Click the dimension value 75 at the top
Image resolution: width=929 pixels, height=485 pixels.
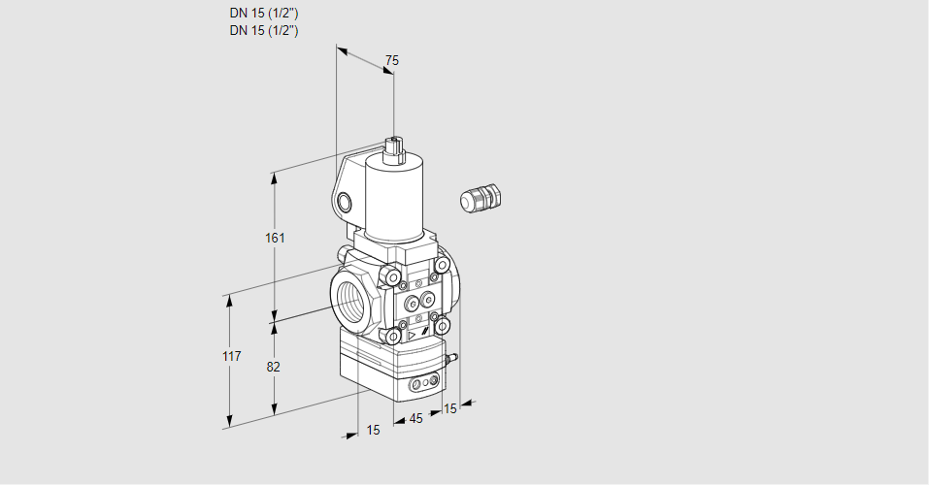click(x=391, y=61)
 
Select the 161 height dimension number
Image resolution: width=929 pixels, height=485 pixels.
click(x=275, y=239)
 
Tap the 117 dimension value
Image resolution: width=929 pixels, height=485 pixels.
click(x=230, y=357)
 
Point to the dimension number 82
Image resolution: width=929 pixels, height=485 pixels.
click(x=273, y=367)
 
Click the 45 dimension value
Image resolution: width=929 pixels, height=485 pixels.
click(x=415, y=419)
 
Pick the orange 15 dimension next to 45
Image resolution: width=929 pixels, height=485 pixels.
click(x=448, y=408)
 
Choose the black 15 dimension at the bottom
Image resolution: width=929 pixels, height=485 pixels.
click(x=373, y=430)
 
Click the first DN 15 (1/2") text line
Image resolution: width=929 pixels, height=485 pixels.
click(x=263, y=14)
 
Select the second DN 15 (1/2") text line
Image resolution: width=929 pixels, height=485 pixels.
click(x=263, y=30)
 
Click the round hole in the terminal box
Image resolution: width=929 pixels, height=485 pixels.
click(x=346, y=202)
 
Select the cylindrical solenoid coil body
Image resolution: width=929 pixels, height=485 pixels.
click(x=388, y=199)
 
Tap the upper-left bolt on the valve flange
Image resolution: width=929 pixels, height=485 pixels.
click(x=393, y=279)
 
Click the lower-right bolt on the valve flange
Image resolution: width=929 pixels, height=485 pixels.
click(x=443, y=325)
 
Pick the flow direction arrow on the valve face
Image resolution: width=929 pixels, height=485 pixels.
click(x=412, y=333)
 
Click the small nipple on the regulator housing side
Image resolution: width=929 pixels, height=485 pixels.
click(x=451, y=359)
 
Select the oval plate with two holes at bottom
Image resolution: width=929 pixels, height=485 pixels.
click(x=420, y=385)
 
